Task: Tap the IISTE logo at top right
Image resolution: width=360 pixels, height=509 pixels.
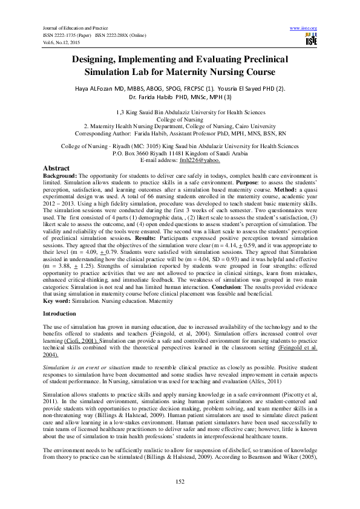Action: (x=311, y=40)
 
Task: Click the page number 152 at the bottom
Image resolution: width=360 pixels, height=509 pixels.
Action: (x=179, y=481)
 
